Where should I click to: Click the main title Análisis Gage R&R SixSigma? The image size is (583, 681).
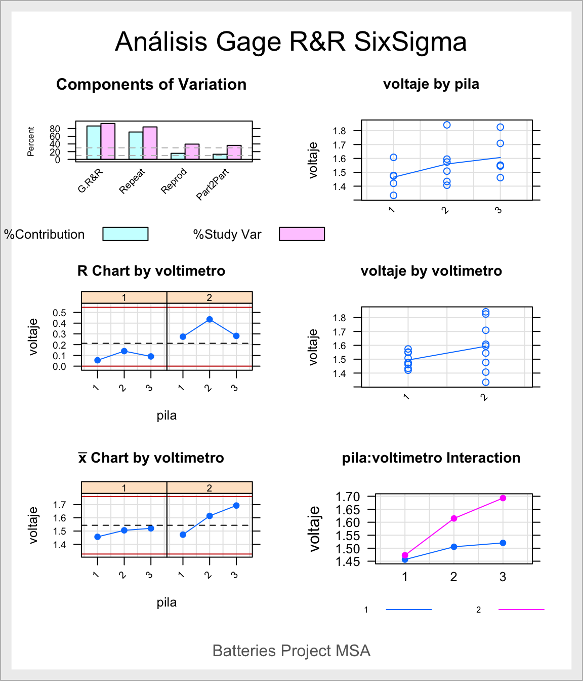291,42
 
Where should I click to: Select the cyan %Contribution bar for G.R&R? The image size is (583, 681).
94,142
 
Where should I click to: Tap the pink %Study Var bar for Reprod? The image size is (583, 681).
192,152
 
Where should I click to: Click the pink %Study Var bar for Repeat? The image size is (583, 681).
150,143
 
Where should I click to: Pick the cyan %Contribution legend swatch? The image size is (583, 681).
125,234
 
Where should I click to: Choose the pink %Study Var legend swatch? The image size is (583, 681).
302,234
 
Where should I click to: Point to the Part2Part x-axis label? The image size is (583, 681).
213,184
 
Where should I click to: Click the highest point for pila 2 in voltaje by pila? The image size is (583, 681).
447,125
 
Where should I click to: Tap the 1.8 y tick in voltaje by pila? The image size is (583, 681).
339,131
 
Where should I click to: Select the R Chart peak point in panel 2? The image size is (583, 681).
210,319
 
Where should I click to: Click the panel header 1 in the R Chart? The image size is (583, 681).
124,297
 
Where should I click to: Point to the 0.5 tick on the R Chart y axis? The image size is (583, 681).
59,313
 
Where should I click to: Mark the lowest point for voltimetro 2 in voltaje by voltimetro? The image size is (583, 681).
486,382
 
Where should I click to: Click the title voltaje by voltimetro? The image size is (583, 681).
431,271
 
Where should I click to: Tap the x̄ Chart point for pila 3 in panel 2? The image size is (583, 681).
236,505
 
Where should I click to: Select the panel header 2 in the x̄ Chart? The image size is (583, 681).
210,487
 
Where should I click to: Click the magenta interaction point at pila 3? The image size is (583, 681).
503,498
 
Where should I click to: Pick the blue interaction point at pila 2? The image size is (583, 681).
454,547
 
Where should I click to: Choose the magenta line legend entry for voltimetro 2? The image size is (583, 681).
521,610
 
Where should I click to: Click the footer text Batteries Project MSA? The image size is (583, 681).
291,651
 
